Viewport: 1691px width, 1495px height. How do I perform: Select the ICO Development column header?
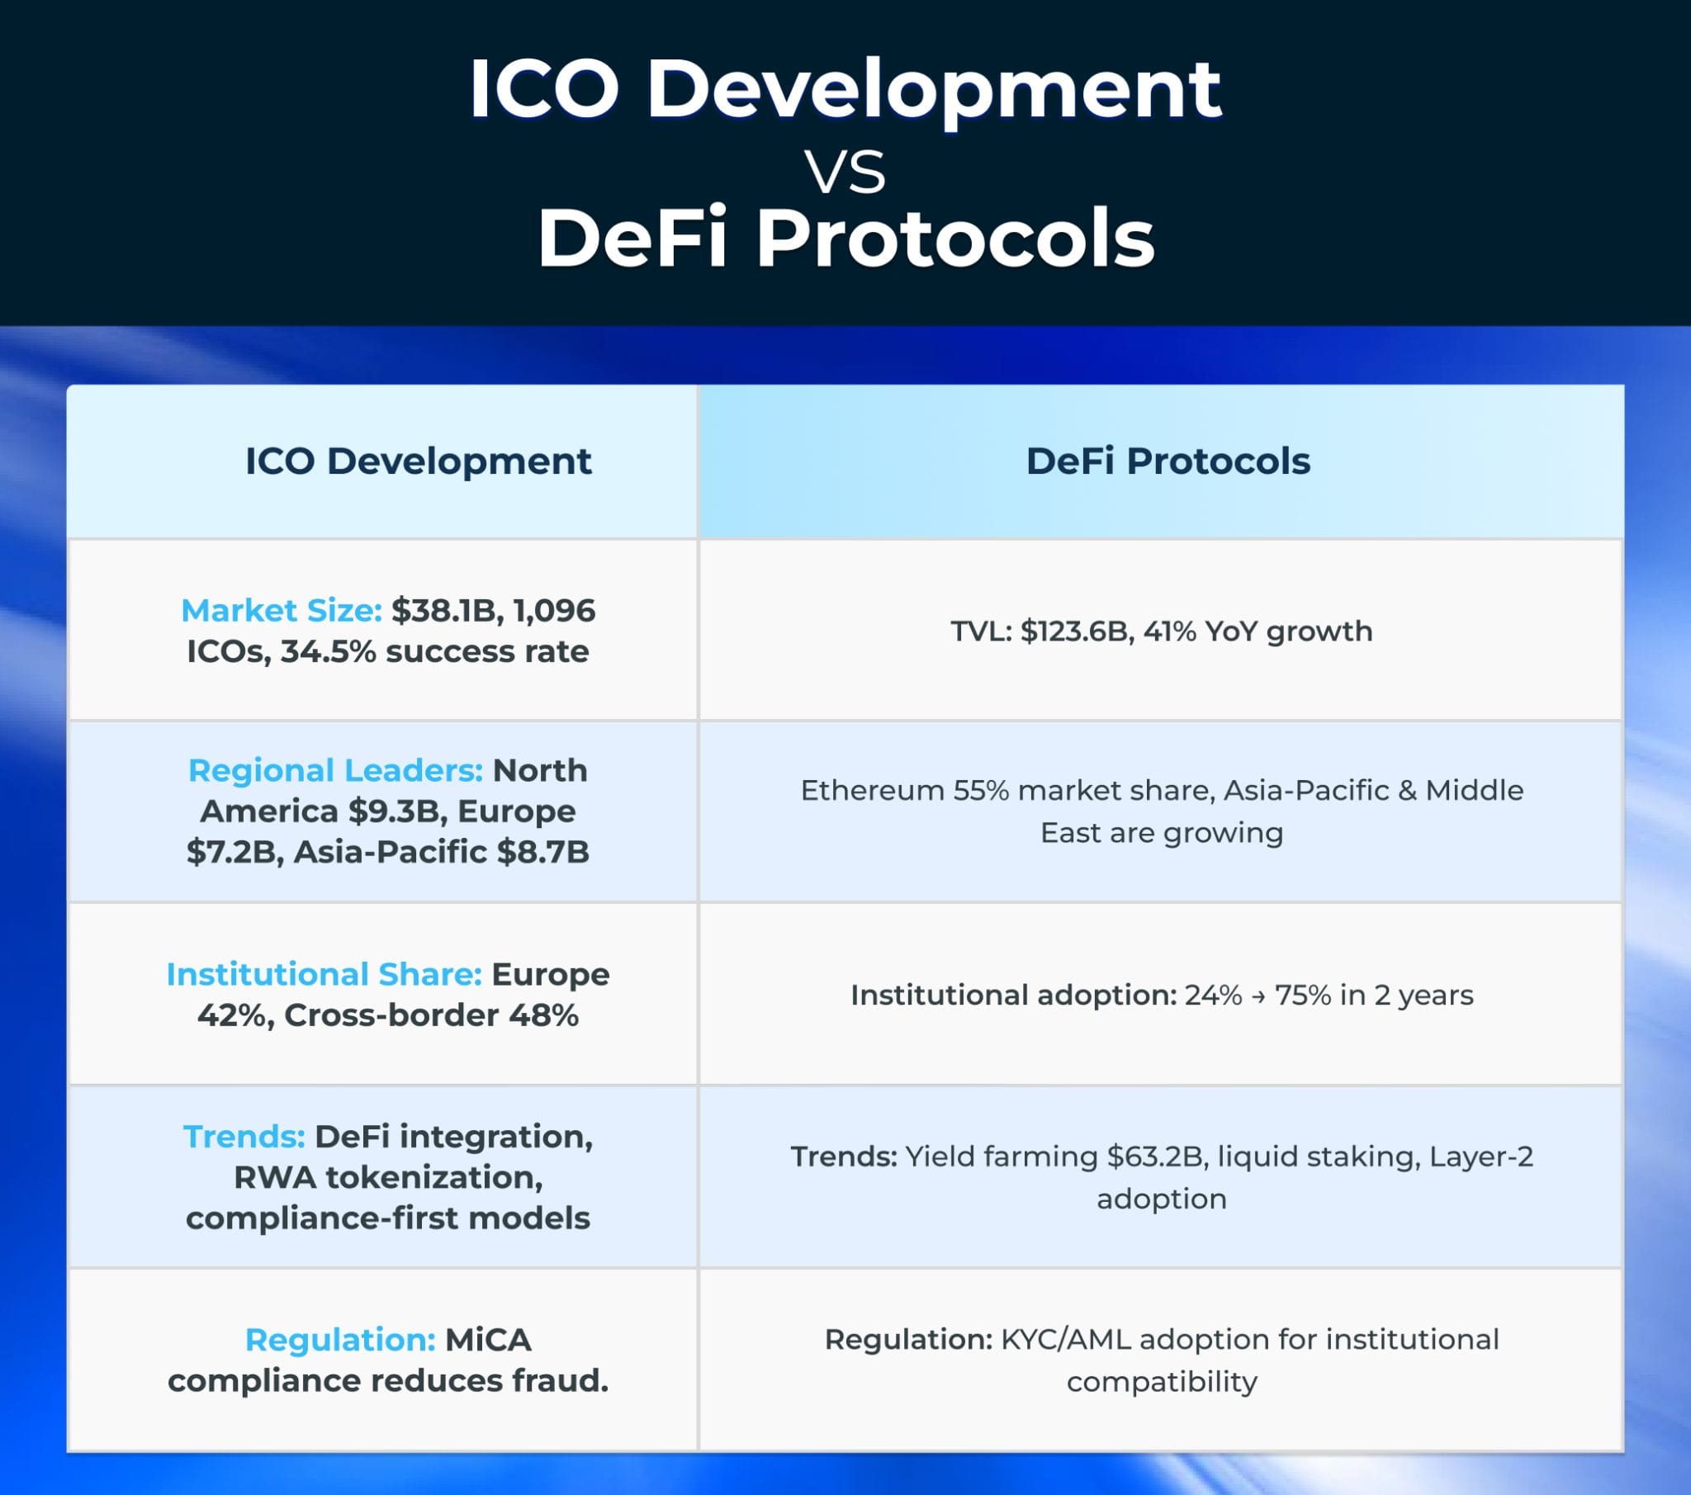[x=418, y=461]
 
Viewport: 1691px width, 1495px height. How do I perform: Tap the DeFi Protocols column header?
[x=1168, y=461]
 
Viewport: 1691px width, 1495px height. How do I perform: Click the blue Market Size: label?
[x=282, y=611]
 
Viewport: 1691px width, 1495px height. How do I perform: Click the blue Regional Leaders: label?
[x=335, y=770]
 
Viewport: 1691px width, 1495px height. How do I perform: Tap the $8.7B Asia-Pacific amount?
[x=542, y=851]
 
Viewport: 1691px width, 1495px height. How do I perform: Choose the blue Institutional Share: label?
[x=324, y=974]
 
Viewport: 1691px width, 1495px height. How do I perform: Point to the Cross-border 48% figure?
[x=431, y=1015]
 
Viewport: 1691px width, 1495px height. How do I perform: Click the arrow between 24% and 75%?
[x=1258, y=996]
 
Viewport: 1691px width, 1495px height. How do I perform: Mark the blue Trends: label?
[x=244, y=1136]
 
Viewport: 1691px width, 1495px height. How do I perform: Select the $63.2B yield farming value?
[x=1158, y=1156]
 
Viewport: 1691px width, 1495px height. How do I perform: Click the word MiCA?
[x=488, y=1340]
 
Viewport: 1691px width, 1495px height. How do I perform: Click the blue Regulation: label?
[x=340, y=1340]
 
